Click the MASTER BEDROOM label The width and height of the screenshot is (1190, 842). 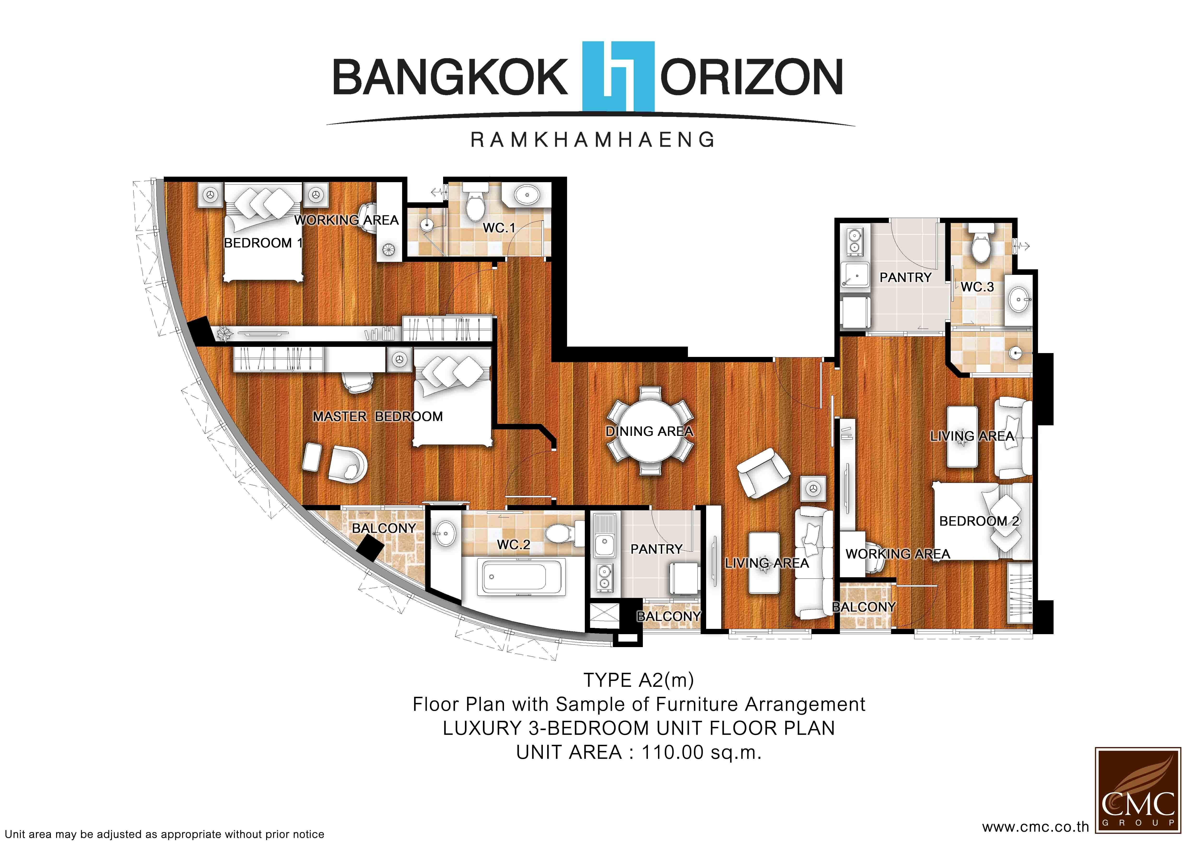tap(378, 417)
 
